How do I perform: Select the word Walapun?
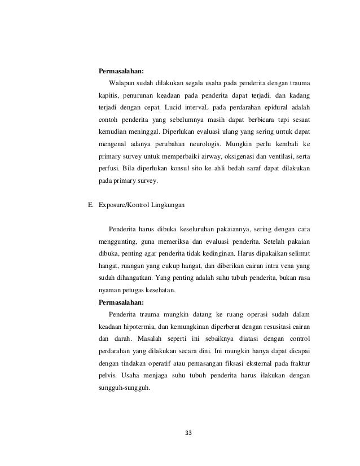point(122,83)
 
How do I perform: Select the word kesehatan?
point(159,291)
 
